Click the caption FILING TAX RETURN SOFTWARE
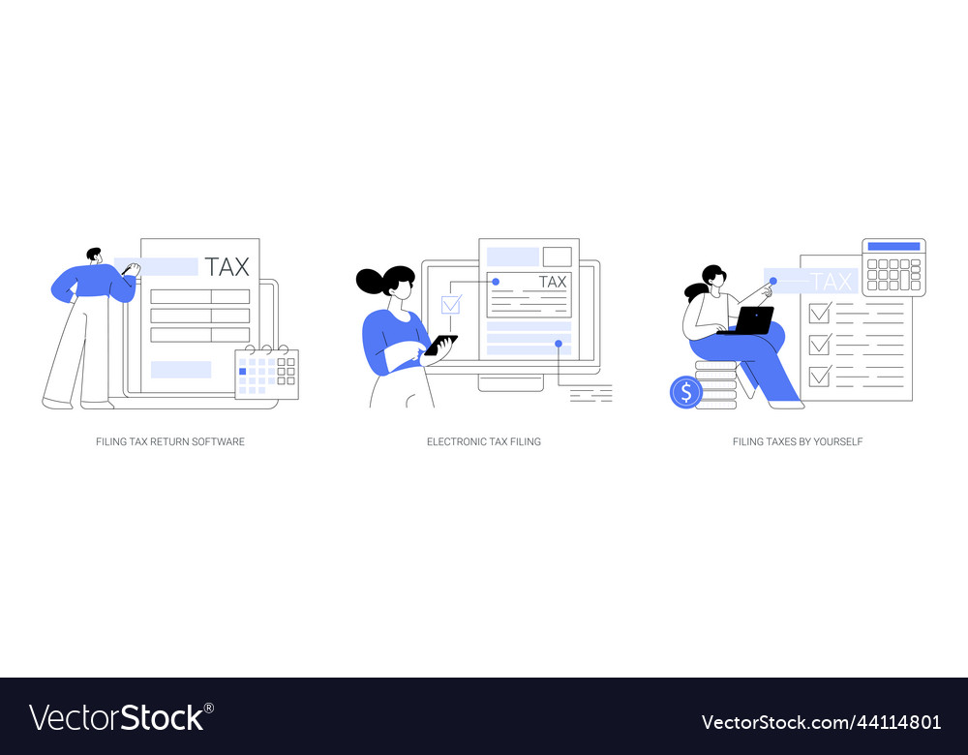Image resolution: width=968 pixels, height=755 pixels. pos(170,441)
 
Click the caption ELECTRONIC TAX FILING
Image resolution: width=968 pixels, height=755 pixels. pos(484,441)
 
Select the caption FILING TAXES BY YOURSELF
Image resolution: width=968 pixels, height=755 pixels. pos(798,441)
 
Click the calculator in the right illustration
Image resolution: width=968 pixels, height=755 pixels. pos(893,267)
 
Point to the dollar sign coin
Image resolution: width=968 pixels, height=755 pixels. pos(685,392)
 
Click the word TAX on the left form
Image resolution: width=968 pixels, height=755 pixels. pos(227,267)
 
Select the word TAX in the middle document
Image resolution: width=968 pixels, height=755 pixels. pos(552,282)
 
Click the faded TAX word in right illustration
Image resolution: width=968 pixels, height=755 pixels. pos(832,282)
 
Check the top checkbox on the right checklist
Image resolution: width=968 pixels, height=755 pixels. pos(820,312)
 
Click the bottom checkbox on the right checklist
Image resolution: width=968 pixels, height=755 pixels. pos(820,375)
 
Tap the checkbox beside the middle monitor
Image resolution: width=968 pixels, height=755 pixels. pos(450,305)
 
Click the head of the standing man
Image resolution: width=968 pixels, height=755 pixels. pos(94,256)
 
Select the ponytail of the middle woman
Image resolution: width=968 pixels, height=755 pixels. pos(372,282)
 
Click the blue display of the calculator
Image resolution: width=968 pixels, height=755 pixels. pos(893,247)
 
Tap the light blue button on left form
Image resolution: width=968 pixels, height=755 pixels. pos(181,370)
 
